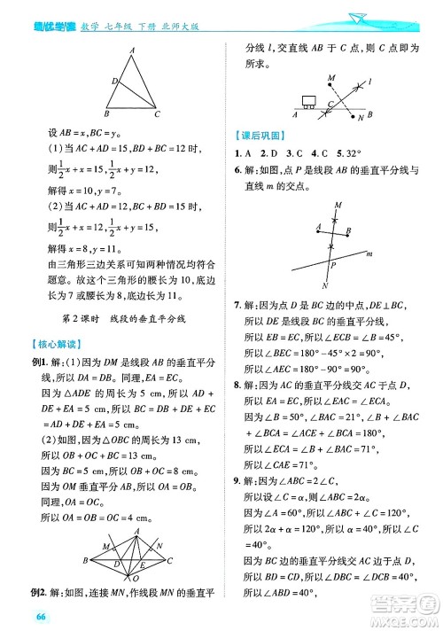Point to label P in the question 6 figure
click(331, 265)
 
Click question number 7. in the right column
click(239, 304)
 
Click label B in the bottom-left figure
click(85, 561)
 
